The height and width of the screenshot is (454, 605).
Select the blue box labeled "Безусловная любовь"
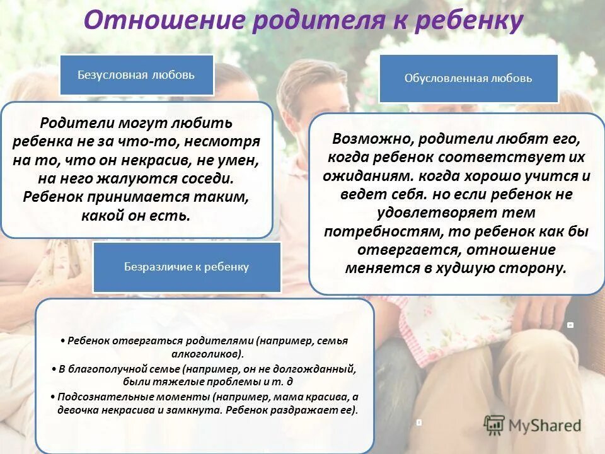(x=136, y=75)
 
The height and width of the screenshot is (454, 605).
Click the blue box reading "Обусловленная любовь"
(x=468, y=79)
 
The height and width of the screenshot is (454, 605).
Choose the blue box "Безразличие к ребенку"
(x=187, y=267)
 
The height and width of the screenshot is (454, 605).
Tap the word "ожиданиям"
(x=360, y=175)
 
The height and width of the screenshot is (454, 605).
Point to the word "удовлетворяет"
(x=418, y=212)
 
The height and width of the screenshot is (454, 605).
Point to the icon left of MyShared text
(x=494, y=424)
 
